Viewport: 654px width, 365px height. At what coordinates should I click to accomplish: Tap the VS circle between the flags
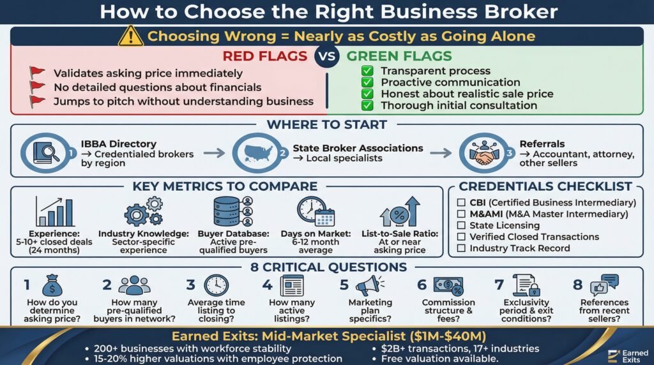(x=326, y=57)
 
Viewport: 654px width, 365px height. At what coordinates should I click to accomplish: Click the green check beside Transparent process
(x=367, y=71)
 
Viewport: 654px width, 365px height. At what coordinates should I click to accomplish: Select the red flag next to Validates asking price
(x=38, y=73)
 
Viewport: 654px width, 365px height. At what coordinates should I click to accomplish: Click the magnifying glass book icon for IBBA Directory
(x=43, y=154)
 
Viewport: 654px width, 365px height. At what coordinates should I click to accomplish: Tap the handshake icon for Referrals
(x=481, y=154)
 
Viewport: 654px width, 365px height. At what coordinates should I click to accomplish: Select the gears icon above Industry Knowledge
(x=143, y=211)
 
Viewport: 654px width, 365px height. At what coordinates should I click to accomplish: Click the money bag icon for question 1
(x=51, y=285)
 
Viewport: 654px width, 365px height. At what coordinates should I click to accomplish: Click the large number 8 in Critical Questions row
(x=577, y=285)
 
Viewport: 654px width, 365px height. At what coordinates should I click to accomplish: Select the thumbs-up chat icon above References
(x=604, y=285)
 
